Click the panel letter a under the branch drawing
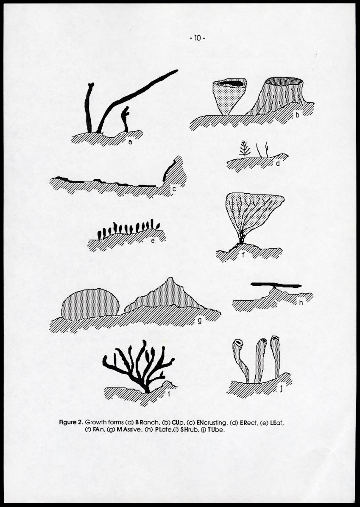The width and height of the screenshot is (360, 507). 130,142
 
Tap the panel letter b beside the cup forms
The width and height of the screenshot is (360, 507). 298,115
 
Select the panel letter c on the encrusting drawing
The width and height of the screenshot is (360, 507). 174,189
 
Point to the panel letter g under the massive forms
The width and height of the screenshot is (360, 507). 199,321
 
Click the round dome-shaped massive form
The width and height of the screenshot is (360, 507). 90,304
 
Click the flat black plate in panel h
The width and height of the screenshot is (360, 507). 276,284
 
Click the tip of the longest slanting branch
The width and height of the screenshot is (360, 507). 176,71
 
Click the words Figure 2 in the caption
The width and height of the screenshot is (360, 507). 71,423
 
